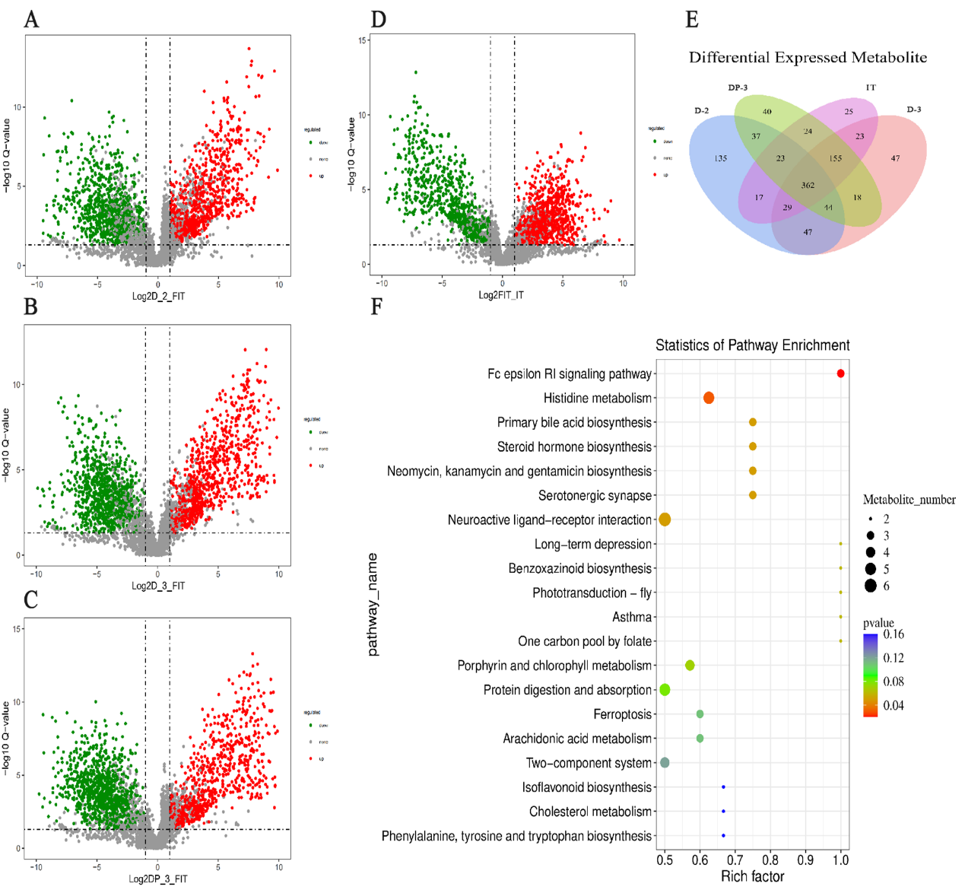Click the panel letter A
(31, 18)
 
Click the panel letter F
(376, 307)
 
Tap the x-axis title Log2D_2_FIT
(158, 297)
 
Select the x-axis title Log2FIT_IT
(500, 295)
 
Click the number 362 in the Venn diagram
(808, 185)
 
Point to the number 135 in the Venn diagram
(720, 158)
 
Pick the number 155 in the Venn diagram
(836, 158)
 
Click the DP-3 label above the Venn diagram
(738, 87)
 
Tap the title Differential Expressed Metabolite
(808, 58)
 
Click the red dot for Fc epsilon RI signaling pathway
(840, 373)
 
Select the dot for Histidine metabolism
(709, 398)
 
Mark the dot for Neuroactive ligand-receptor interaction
(665, 520)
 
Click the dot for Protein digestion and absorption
(665, 690)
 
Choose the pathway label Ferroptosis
(622, 714)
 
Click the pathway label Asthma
(632, 617)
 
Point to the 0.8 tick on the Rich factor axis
(770, 860)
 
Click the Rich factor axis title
(752, 876)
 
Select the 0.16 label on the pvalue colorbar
(894, 634)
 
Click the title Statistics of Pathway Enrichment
(752, 345)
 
